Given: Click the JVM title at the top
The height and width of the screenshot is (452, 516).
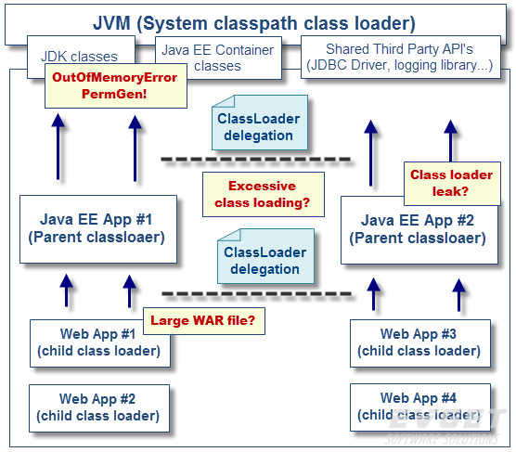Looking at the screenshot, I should coord(254,23).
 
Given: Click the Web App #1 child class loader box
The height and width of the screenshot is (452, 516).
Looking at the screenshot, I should coord(98,342).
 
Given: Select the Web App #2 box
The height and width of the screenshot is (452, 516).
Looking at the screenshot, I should coord(98,407).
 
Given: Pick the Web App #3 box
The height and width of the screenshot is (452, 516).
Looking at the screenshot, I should coord(417,342).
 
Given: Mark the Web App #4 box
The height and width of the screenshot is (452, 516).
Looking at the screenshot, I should coord(417,407).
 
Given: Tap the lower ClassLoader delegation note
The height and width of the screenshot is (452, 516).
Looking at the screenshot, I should coord(264,260).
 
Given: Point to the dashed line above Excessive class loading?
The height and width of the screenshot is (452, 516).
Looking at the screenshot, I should coord(256,160).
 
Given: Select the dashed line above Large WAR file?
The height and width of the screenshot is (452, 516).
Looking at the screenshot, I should coord(256,294).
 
